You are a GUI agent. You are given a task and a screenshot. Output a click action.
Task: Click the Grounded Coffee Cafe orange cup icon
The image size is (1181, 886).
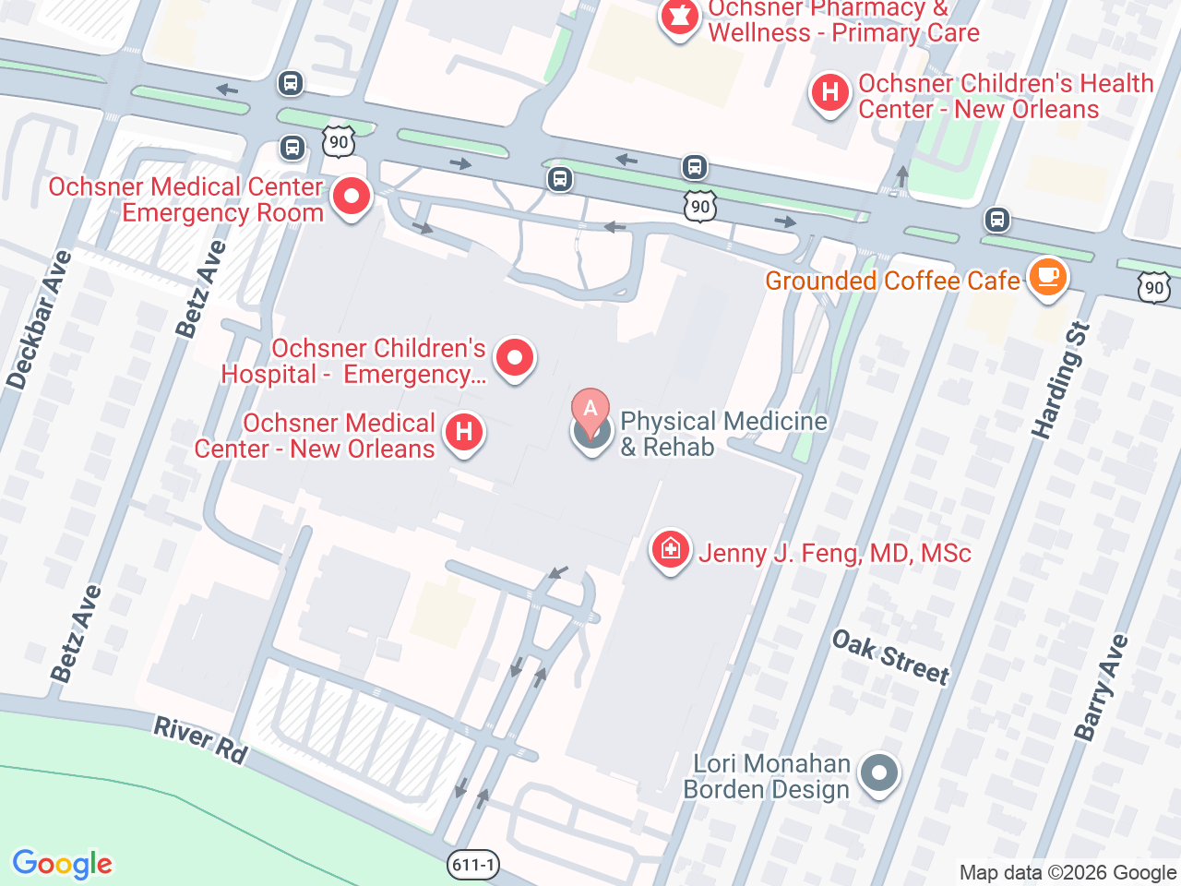tap(1047, 277)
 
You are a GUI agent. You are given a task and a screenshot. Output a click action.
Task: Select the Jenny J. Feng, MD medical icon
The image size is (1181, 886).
tap(671, 550)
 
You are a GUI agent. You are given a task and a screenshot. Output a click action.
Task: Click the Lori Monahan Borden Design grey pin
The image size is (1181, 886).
tap(879, 772)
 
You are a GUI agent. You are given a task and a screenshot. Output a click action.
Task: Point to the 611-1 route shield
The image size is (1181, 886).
tap(473, 865)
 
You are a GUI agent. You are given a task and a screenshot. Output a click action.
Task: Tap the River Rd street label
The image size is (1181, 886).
tap(200, 740)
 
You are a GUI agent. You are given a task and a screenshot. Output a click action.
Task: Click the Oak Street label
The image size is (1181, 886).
tap(890, 657)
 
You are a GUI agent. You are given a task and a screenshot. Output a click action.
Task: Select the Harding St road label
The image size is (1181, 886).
tap(1061, 380)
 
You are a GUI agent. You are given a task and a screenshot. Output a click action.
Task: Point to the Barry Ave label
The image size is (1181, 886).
tap(1101, 688)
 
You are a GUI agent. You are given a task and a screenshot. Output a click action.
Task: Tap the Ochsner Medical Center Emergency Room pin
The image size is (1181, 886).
tap(352, 197)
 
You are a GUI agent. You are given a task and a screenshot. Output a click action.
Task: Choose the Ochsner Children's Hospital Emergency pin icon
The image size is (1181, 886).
tap(515, 357)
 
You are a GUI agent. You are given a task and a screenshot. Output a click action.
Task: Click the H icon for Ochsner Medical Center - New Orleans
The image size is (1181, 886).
tap(464, 432)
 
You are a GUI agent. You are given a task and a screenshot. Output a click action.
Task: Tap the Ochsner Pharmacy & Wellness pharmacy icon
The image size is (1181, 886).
tap(680, 18)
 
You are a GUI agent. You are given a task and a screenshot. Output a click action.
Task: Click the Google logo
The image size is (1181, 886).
tap(62, 865)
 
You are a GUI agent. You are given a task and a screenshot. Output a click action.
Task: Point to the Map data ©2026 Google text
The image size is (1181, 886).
tap(1068, 873)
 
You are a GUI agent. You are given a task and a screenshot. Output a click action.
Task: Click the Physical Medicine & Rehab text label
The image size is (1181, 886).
tap(723, 434)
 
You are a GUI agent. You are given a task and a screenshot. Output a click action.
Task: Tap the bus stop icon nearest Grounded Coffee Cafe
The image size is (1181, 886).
tap(996, 221)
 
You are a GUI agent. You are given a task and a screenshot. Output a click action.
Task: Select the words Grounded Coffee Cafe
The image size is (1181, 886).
tap(892, 281)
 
